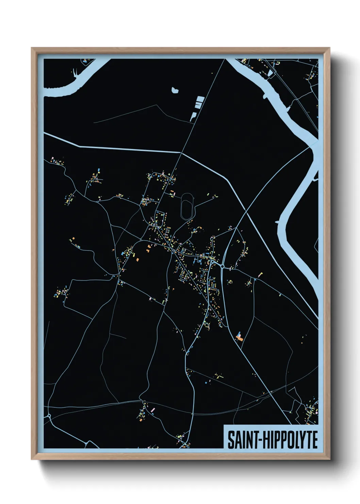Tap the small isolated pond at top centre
(x=175, y=90)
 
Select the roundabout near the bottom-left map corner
(x=49, y=416)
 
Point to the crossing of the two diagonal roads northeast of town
(x=246, y=212)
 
